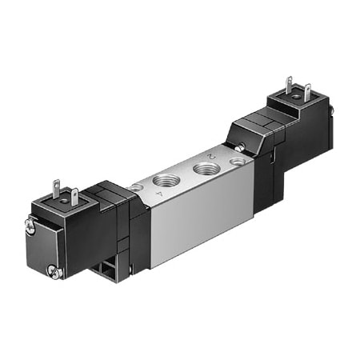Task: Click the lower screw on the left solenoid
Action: pyautogui.click(x=54, y=274)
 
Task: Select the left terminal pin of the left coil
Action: pyautogui.click(x=57, y=189)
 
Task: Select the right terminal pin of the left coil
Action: pyautogui.click(x=74, y=194)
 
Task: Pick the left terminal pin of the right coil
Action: pyautogui.click(x=289, y=84)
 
